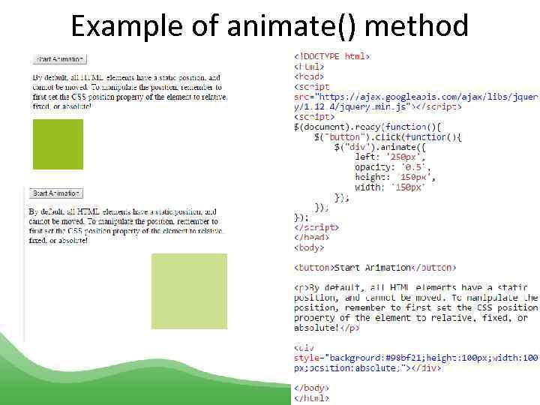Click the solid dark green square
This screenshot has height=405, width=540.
coord(57,144)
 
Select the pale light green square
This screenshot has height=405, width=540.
coord(189,291)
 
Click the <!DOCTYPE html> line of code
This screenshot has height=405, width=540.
coord(332,56)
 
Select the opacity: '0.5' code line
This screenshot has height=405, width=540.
coord(391,166)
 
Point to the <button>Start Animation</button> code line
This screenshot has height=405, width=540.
coord(375,268)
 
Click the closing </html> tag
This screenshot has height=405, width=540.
coord(310,398)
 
